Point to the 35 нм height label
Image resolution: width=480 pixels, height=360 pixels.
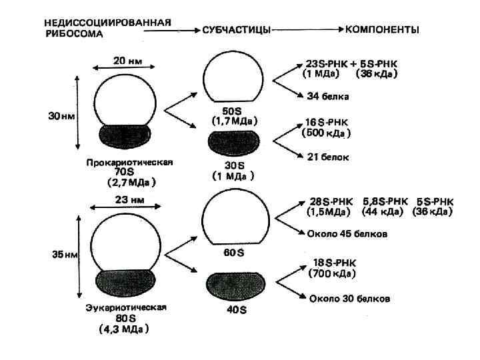(61, 254)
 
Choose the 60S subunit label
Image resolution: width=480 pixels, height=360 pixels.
(234, 253)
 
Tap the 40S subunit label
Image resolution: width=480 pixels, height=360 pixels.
(234, 310)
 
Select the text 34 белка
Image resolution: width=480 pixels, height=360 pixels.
(327, 97)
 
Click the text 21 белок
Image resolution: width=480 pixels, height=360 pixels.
(327, 157)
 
